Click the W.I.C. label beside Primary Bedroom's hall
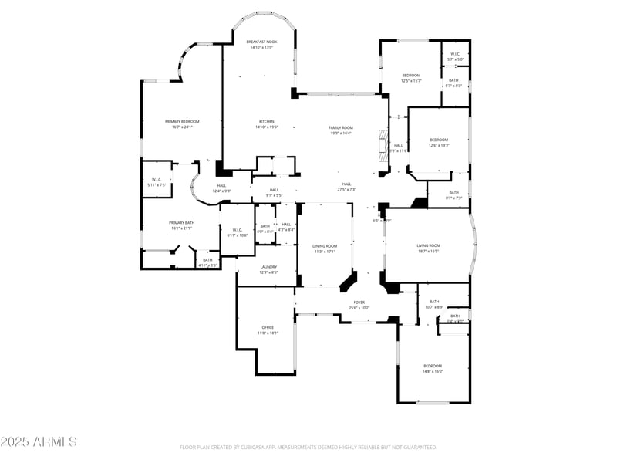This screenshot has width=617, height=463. (x=156, y=182)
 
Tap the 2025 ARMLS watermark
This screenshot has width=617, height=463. (x=39, y=442)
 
